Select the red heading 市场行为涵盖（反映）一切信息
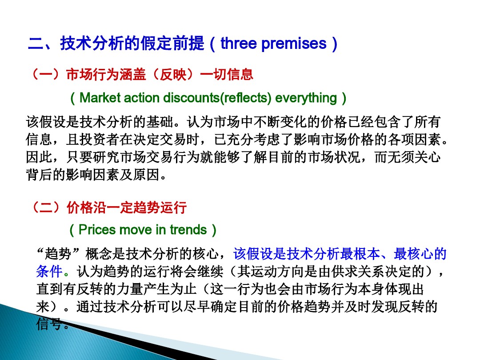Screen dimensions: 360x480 pyautogui.click(x=160, y=74)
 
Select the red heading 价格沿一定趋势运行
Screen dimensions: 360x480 pyautogui.click(x=127, y=207)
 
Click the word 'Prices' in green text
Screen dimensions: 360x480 pyautogui.click(x=98, y=230)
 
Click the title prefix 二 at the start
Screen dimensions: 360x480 pyautogui.click(x=35, y=44)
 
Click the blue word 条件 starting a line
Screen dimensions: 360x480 pyautogui.click(x=49, y=272)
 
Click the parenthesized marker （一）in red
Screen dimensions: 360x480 pyautogui.click(x=46, y=74)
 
